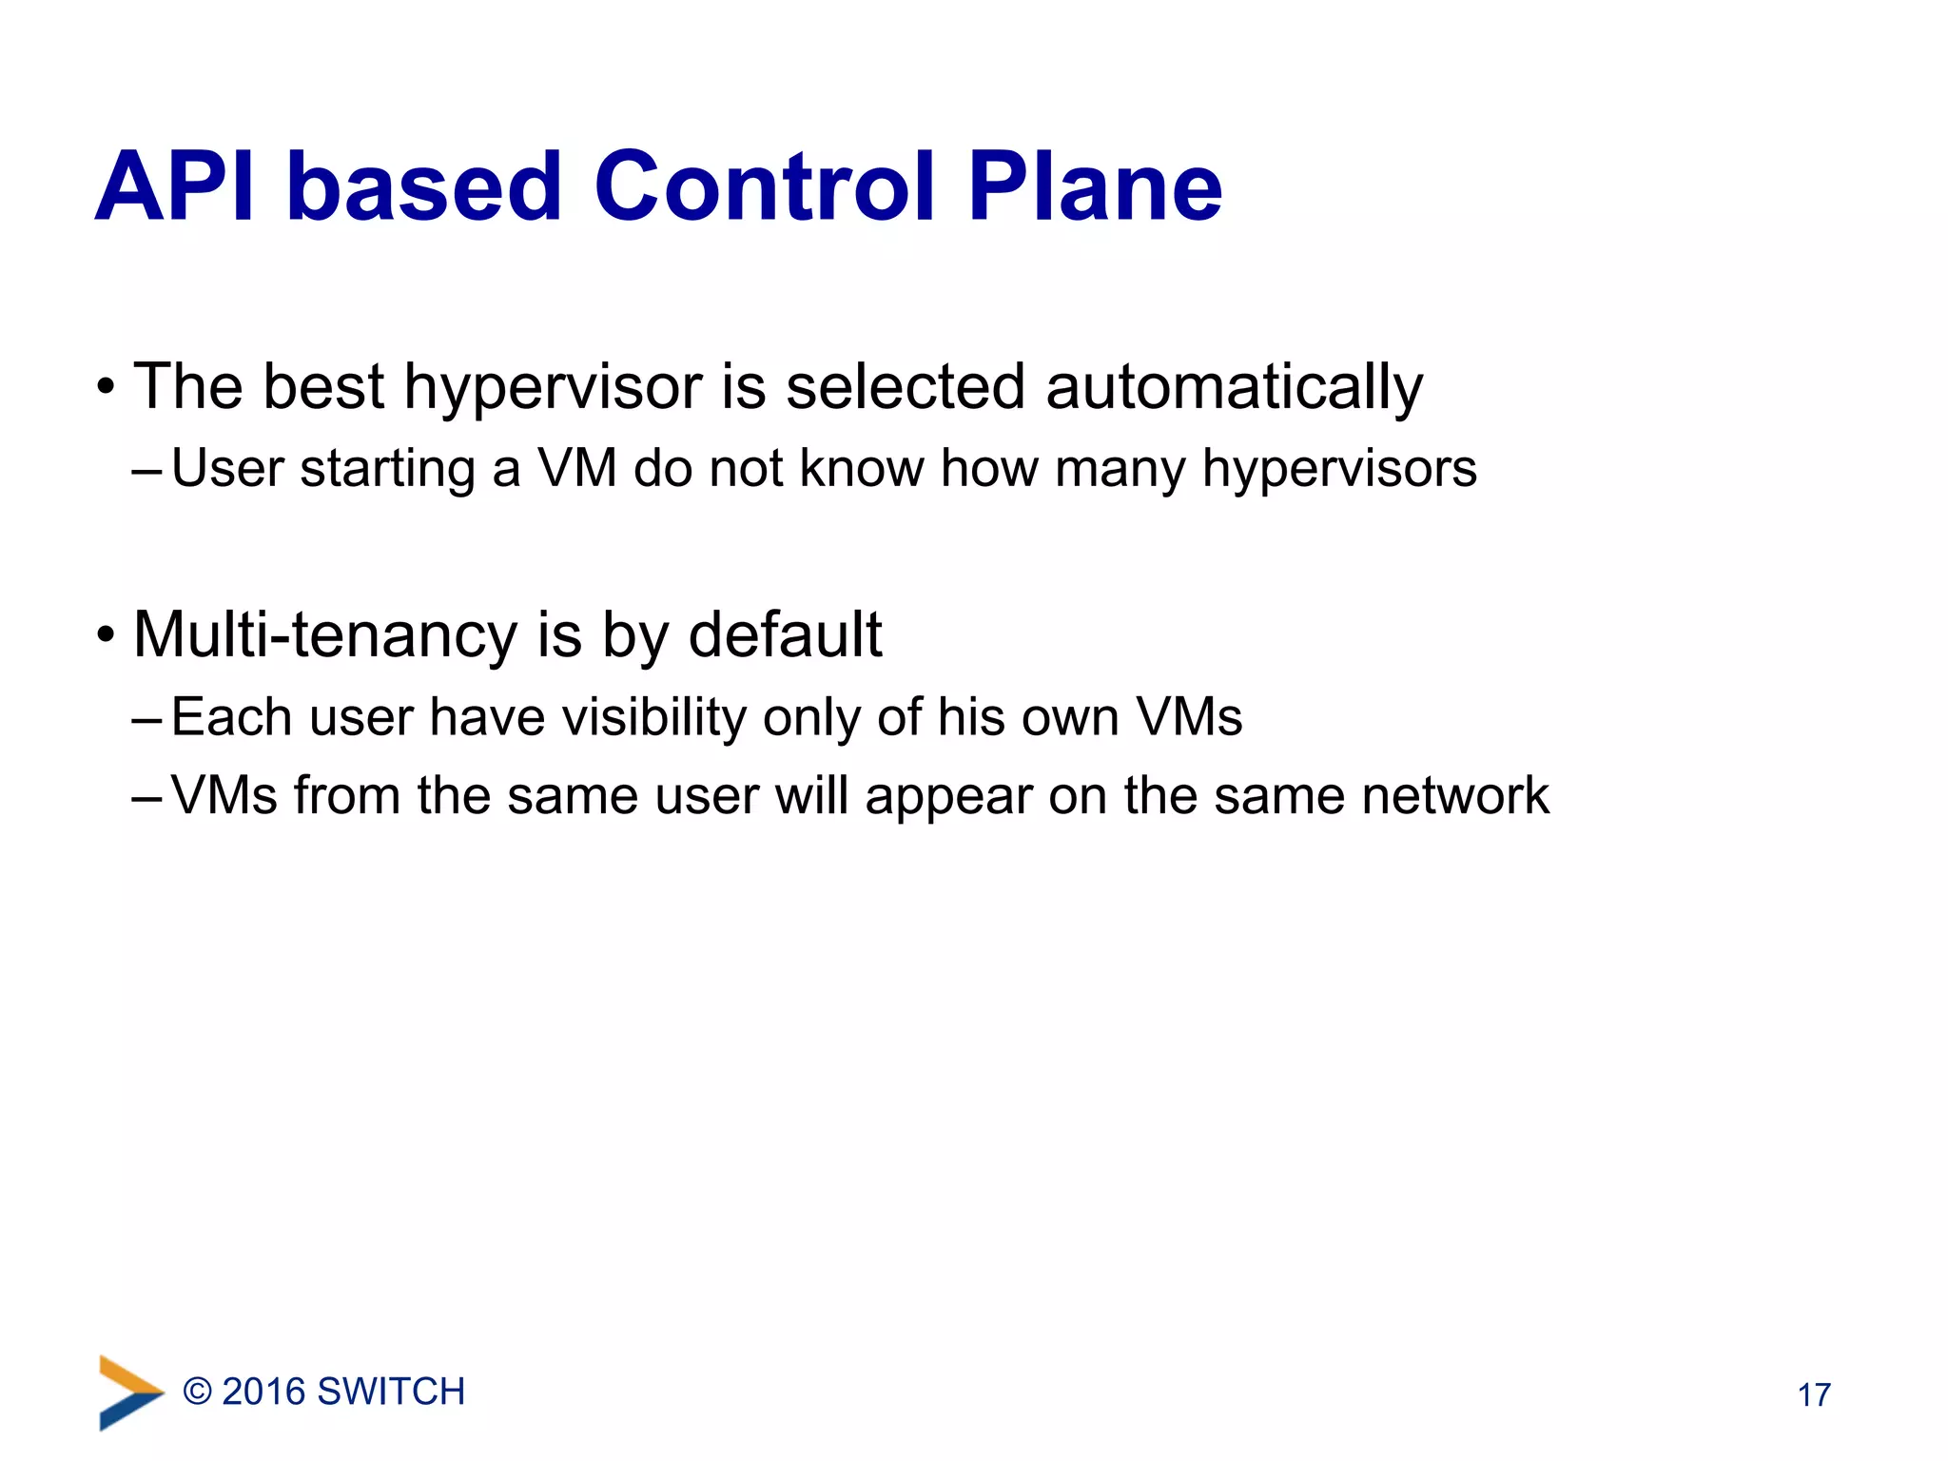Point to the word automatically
(x=1234, y=389)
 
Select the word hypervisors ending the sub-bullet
(x=1339, y=470)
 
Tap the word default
(x=785, y=634)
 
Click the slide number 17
(x=1814, y=1395)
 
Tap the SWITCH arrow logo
(x=130, y=1393)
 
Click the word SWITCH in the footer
(x=391, y=1392)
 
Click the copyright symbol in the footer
(x=197, y=1392)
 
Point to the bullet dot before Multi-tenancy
(x=106, y=634)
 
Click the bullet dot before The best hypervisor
(x=106, y=387)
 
